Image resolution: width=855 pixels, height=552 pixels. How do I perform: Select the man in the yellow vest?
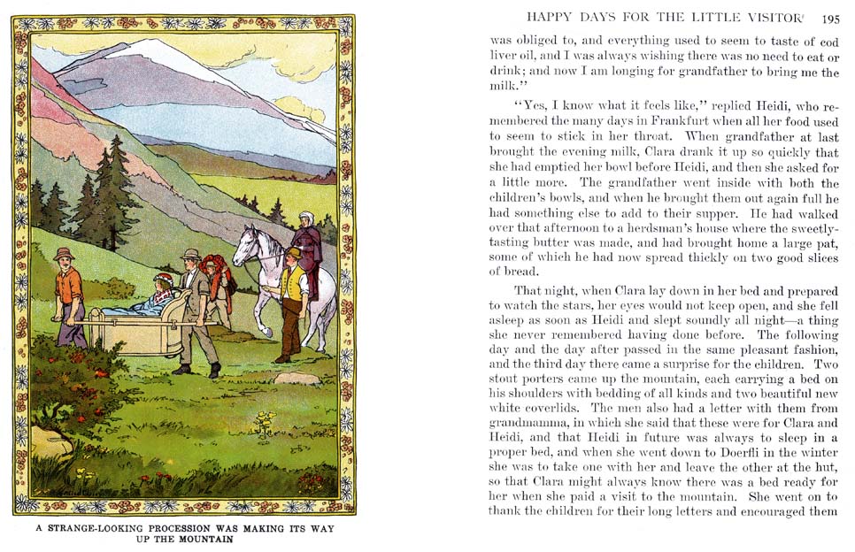click(x=293, y=292)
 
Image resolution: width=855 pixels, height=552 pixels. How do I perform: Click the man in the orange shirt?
click(x=69, y=287)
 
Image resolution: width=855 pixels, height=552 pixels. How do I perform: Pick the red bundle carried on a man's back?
click(x=212, y=265)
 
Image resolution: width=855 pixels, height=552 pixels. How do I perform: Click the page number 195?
click(x=830, y=18)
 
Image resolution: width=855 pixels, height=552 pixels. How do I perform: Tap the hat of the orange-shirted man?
click(x=64, y=255)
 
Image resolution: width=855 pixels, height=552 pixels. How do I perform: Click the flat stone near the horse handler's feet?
click(x=296, y=379)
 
